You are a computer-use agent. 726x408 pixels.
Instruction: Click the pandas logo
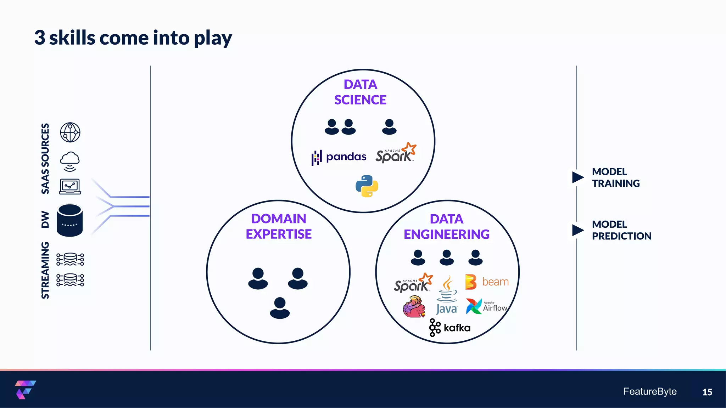tap(339, 157)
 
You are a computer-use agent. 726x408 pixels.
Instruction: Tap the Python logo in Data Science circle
tap(367, 186)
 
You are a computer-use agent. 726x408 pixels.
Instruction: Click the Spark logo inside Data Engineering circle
tap(413, 283)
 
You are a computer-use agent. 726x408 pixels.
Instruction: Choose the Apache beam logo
tap(487, 282)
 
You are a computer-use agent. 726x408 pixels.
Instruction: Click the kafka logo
tap(450, 328)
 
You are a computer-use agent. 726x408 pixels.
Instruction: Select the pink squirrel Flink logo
tap(414, 307)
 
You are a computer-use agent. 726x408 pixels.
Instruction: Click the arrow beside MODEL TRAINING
tap(578, 177)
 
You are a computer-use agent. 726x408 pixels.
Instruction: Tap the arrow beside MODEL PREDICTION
tap(578, 230)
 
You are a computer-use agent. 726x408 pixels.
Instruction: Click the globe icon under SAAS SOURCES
tap(70, 132)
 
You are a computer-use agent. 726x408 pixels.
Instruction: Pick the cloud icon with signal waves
tap(70, 161)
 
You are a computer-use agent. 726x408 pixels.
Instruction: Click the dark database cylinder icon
tap(70, 220)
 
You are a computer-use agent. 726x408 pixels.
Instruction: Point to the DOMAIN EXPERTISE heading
tap(279, 226)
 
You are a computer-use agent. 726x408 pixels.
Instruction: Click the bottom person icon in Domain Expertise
tap(280, 308)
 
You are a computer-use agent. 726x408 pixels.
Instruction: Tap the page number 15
tap(707, 392)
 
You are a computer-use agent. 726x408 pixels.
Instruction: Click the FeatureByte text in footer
tap(650, 391)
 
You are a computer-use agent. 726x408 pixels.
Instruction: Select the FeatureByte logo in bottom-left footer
tap(25, 390)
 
